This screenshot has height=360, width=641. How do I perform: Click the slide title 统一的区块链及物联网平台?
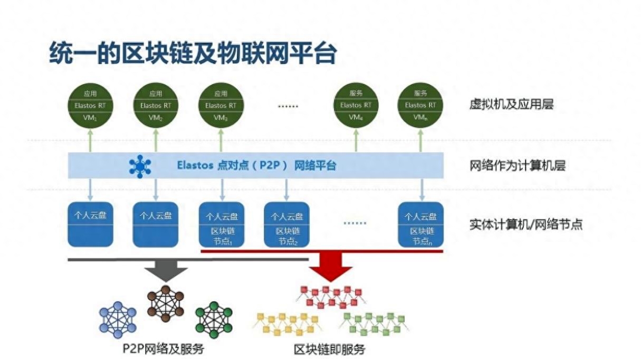[193, 54]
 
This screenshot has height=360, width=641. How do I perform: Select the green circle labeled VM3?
[221, 106]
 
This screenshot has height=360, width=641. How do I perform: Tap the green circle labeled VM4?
[356, 106]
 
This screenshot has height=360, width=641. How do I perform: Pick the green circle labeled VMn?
[420, 106]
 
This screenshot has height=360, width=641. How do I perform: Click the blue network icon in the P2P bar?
[140, 166]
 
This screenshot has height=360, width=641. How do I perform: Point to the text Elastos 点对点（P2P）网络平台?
[256, 166]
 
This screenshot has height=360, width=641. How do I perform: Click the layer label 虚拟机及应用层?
[511, 105]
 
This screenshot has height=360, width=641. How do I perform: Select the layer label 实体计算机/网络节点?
[525, 224]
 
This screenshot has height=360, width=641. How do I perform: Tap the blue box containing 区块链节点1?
[222, 224]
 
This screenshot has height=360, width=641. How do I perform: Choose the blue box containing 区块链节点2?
[286, 224]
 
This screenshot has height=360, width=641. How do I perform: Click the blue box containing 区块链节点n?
[421, 224]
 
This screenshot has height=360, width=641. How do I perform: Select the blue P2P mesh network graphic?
[118, 320]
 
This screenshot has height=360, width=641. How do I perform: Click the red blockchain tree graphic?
[330, 297]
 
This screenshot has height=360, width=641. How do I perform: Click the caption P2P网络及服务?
[163, 349]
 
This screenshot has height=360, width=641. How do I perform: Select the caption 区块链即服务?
[329, 349]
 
